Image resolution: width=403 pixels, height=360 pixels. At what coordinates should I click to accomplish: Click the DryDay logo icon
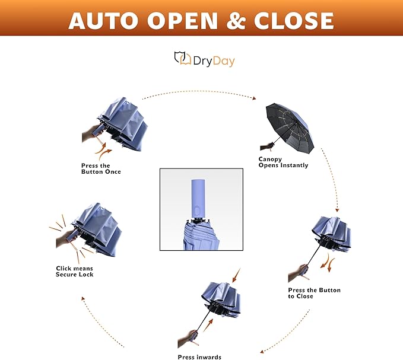point(182,58)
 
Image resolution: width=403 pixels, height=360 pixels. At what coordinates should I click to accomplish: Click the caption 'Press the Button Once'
point(101,168)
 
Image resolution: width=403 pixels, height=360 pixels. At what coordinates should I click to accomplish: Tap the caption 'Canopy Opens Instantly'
point(283,162)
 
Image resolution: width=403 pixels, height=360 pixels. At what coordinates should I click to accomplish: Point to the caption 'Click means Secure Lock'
point(75,272)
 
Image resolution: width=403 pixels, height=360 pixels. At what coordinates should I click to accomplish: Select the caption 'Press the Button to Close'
point(314,293)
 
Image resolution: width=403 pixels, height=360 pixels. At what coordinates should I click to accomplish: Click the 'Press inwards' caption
point(199,356)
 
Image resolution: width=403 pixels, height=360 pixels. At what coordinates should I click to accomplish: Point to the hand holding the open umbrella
point(266,145)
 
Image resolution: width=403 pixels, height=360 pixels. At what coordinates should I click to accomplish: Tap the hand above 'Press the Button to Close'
point(299,272)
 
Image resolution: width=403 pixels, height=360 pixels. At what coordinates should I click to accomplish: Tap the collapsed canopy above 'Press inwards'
point(221,297)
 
